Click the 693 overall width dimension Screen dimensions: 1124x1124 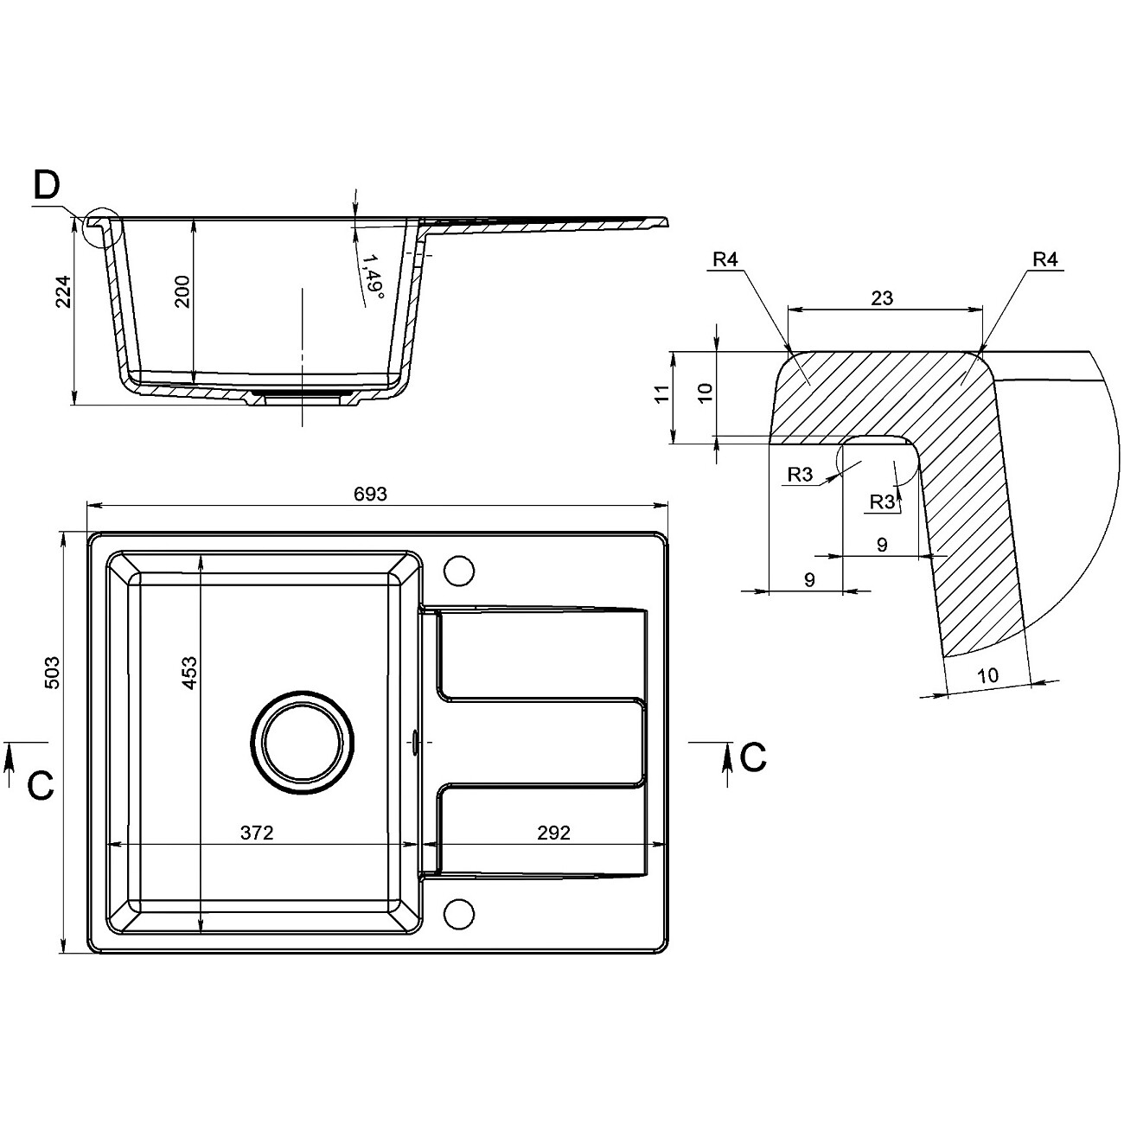pos(369,494)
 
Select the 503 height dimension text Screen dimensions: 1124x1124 pos(51,672)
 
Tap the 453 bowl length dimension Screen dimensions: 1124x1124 pos(190,673)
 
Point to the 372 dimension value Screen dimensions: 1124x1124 pos(257,833)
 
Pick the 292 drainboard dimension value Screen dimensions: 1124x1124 pos(553,833)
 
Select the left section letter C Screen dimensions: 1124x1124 pos(41,784)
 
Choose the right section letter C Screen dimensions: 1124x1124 pos(753,758)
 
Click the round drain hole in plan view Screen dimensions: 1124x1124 pos(303,742)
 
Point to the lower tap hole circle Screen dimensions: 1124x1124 pos(459,913)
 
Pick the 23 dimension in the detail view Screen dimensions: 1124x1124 pos(882,298)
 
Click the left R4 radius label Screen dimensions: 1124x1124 pos(726,259)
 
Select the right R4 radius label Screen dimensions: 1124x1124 pos(1045,259)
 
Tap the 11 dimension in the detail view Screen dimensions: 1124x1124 pos(662,395)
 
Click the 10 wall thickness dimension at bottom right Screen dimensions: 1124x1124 pos(987,675)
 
